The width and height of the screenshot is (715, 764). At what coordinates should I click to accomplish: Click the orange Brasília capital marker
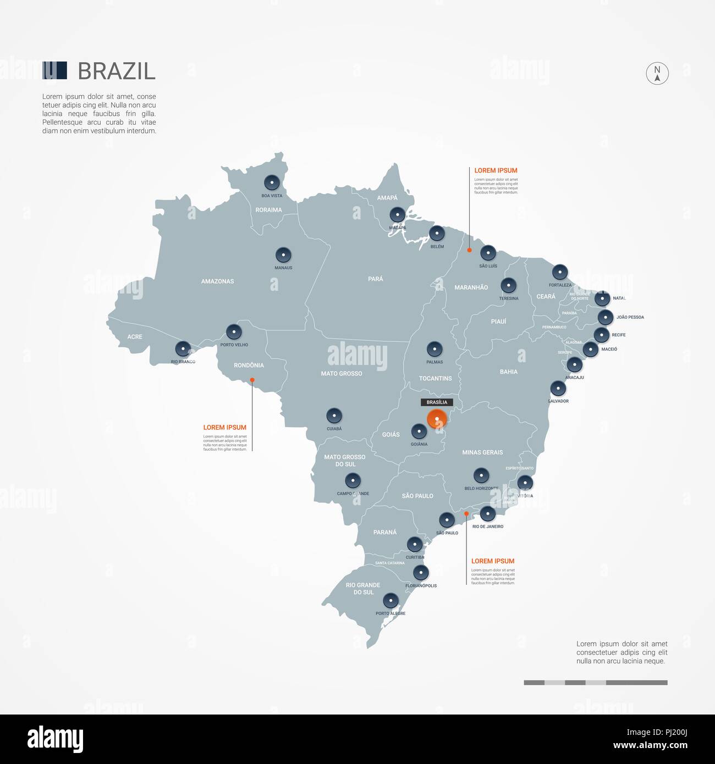point(437,419)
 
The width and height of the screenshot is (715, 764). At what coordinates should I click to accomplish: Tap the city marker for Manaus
point(283,254)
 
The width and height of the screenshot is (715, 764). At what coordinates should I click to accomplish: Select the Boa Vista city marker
point(272,182)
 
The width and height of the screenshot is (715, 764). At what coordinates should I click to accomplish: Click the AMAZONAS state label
point(217,281)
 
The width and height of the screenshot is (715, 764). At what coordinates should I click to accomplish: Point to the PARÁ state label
point(376,279)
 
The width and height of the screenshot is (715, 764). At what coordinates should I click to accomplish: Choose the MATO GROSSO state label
point(342,374)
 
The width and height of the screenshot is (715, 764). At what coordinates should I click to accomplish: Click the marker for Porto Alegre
point(391,600)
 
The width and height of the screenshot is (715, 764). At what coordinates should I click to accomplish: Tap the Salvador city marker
point(558,388)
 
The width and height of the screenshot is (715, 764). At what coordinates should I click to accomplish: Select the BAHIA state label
point(509,372)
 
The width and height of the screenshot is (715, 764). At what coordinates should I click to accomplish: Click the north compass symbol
point(657,73)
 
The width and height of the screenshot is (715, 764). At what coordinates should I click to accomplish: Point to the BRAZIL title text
point(117,71)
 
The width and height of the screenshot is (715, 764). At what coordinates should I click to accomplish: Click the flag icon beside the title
point(55,70)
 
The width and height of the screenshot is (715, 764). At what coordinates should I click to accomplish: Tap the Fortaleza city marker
point(560,272)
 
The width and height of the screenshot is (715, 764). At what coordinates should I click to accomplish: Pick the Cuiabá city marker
point(334,416)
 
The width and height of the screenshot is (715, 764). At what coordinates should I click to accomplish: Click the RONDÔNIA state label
point(249,366)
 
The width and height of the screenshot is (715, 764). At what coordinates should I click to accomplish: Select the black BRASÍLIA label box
point(437,402)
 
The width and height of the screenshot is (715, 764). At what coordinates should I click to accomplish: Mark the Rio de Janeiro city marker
point(487,514)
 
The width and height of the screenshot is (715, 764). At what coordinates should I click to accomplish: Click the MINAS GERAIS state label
point(482,453)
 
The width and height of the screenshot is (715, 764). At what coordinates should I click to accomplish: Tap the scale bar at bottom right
point(595,683)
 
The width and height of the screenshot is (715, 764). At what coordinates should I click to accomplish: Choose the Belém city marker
point(437,233)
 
